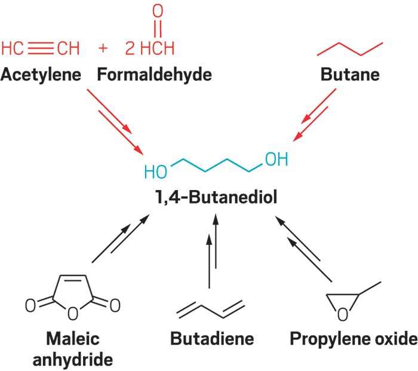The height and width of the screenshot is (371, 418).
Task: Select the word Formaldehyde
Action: pyautogui.click(x=154, y=76)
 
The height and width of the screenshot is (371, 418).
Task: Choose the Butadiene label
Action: pyautogui.click(x=212, y=339)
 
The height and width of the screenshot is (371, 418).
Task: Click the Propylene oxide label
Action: pyautogui.click(x=352, y=339)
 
